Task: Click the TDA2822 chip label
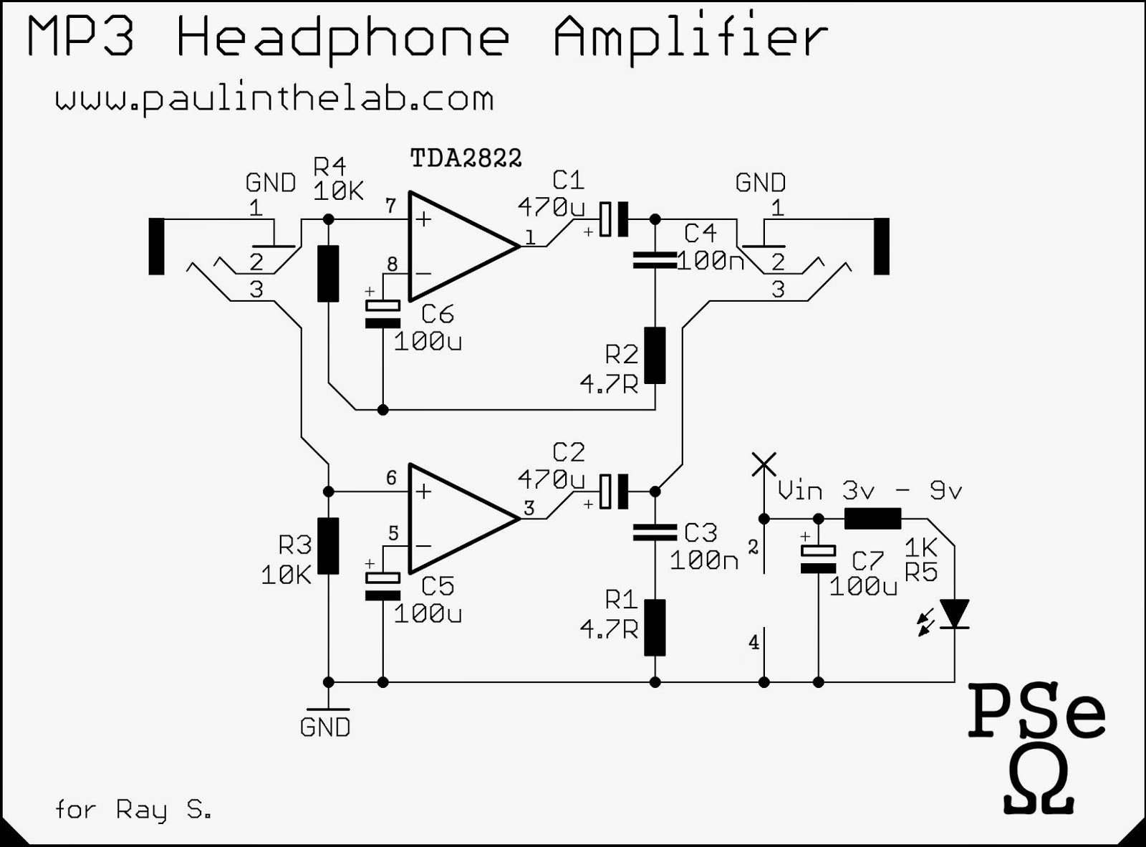point(466,158)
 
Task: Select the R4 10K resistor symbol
point(328,273)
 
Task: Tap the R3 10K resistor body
point(328,546)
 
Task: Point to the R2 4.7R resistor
point(655,355)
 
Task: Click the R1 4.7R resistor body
point(655,628)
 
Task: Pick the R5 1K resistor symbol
point(872,518)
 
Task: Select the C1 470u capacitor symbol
point(613,219)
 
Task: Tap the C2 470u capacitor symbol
point(613,492)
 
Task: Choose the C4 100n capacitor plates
point(655,261)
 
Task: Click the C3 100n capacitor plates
point(655,532)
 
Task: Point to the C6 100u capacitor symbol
point(382,314)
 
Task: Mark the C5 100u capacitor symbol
point(382,586)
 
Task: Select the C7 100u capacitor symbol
point(818,559)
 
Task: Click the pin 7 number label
point(390,206)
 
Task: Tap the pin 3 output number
point(529,508)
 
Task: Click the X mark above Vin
point(764,464)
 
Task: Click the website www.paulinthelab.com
point(274,99)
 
